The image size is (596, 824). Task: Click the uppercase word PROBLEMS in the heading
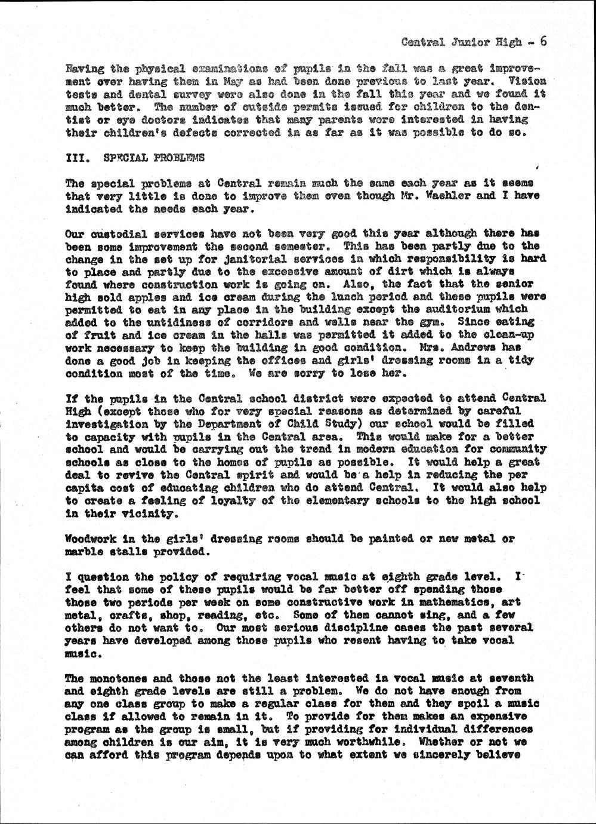click(x=179, y=158)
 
